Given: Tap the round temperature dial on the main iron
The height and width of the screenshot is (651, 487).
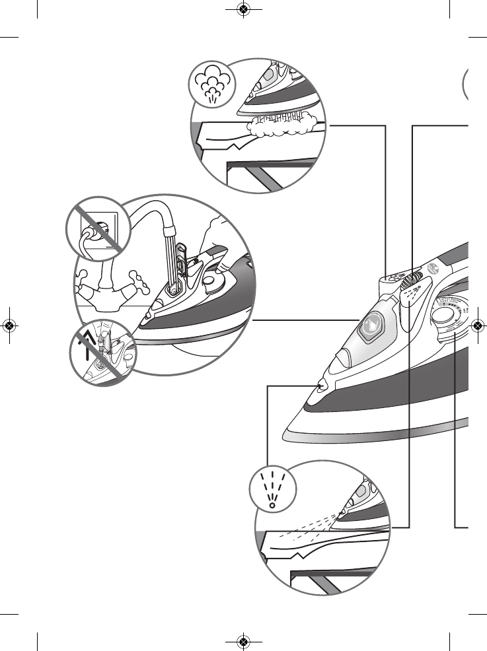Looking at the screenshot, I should pyautogui.click(x=441, y=318).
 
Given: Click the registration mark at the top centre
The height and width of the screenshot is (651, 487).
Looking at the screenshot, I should pyautogui.click(x=244, y=9).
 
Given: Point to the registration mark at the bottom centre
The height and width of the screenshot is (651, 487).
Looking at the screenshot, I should pyautogui.click(x=244, y=641).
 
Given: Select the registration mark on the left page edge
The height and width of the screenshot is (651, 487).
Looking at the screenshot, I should pyautogui.click(x=9, y=325).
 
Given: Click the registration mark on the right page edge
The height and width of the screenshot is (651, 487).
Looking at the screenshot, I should pyautogui.click(x=478, y=325).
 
